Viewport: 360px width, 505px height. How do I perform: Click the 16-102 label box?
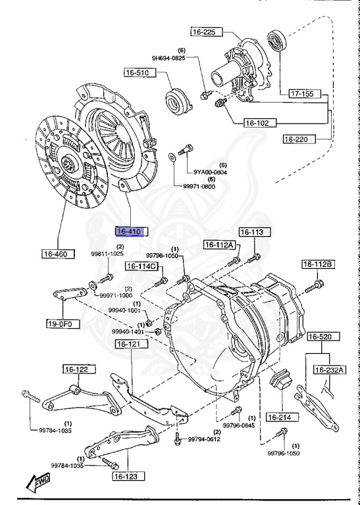click(259, 122)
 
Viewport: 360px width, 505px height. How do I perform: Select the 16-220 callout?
click(299, 139)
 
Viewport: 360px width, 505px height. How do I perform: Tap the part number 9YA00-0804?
click(210, 172)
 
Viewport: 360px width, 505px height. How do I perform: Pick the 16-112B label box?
click(319, 264)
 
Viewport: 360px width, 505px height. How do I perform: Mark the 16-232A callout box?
click(329, 370)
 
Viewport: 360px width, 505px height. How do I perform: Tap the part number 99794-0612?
click(205, 439)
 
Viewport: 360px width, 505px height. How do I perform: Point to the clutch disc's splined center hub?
click(69, 164)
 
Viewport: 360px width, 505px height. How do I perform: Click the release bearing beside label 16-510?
click(177, 99)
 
